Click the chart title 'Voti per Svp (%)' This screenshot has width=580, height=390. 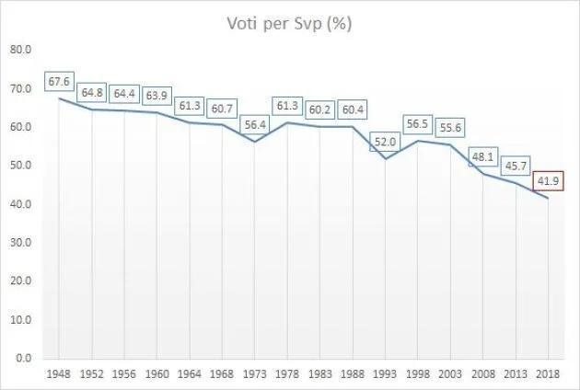[290, 24]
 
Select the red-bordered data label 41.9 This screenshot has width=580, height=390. [548, 180]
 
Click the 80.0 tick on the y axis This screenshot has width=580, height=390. [21, 50]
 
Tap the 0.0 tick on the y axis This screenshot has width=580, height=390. [24, 358]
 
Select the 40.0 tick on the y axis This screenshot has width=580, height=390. [21, 204]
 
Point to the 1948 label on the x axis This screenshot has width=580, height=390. [59, 374]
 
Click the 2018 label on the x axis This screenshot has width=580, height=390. [549, 374]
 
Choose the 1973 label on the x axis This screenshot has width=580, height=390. [254, 374]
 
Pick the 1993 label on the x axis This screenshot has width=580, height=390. [385, 374]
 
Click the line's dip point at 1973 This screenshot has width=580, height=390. [254, 141]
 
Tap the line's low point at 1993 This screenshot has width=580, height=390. [385, 158]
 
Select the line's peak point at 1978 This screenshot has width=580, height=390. [287, 122]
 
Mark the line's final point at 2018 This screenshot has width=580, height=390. [549, 197]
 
